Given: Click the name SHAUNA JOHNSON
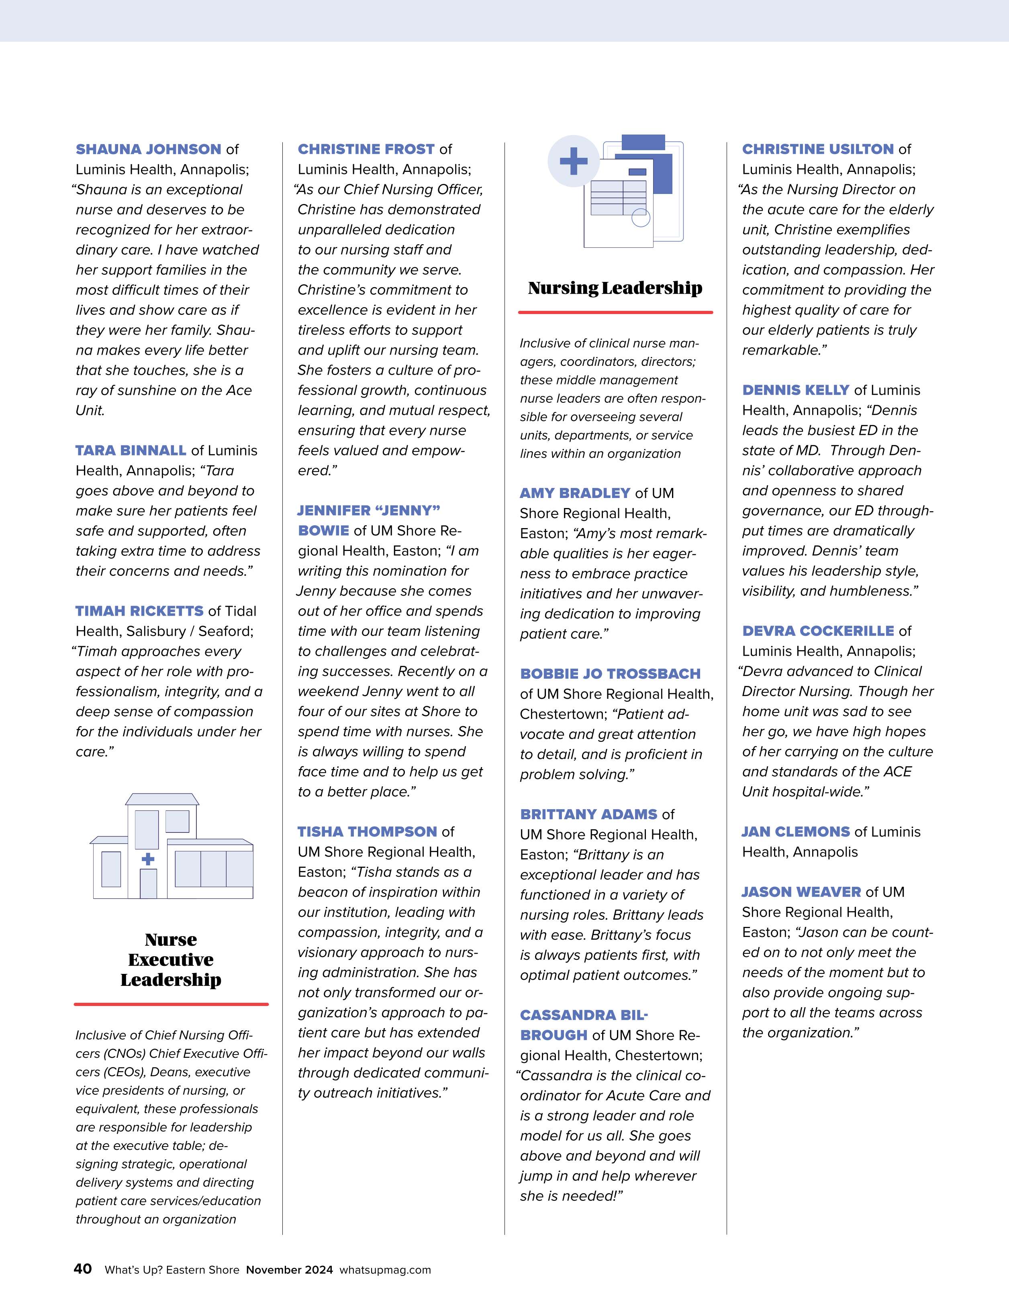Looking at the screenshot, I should [x=148, y=149].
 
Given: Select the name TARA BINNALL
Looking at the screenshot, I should [x=131, y=451].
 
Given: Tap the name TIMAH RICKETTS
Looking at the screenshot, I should [x=139, y=611].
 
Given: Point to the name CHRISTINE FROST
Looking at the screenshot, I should [x=366, y=149].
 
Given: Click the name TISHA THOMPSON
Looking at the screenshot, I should [x=367, y=832].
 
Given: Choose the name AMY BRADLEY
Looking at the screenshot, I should [x=575, y=494].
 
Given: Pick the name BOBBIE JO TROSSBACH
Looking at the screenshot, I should [x=610, y=674].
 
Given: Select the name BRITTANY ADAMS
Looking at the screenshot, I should [x=588, y=814].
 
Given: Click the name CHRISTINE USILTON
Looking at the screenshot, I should [x=818, y=149].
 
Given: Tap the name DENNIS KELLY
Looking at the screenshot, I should [x=795, y=390].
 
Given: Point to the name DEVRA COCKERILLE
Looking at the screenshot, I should [x=818, y=631].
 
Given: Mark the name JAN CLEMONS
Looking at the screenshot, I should [x=795, y=832].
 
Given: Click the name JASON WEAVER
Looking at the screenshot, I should [x=801, y=892].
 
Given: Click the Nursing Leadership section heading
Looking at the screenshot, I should [x=615, y=288].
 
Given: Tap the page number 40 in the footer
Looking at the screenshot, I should [x=83, y=1269].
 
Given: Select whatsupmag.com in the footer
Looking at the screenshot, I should [x=385, y=1270].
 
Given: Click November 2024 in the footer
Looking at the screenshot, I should [x=289, y=1270].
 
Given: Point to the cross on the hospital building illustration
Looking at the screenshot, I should [x=147, y=859].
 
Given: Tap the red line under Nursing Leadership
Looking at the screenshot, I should [x=615, y=312].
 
